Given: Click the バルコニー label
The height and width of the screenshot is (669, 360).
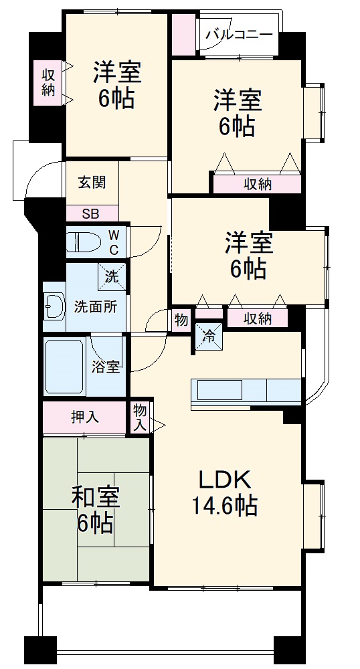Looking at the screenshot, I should (238, 33).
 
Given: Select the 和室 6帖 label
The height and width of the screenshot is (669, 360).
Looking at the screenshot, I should (95, 508).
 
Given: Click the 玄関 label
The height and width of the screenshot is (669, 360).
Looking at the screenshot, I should (90, 182).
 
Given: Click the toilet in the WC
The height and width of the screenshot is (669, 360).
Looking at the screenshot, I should (83, 242).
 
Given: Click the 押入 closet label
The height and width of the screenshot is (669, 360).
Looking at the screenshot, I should (85, 417).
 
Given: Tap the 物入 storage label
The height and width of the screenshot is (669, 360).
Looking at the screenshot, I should (140, 417).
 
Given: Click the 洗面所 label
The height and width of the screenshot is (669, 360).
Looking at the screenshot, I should (95, 308).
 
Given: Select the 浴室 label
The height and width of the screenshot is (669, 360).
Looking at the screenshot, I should (106, 367).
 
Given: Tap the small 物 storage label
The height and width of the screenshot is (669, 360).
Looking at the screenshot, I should (181, 319).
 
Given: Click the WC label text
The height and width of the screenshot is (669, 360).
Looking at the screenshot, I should (114, 242).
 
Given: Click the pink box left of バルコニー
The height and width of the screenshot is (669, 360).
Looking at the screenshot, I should (182, 34).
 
